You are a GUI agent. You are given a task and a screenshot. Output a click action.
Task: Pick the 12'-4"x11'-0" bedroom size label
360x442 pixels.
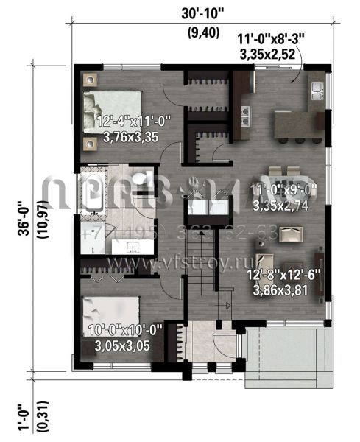click(133, 120)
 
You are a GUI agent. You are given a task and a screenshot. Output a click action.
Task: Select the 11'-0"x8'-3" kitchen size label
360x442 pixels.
click(267, 39)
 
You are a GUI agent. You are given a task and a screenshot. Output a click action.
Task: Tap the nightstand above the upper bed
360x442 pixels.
click(90, 78)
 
